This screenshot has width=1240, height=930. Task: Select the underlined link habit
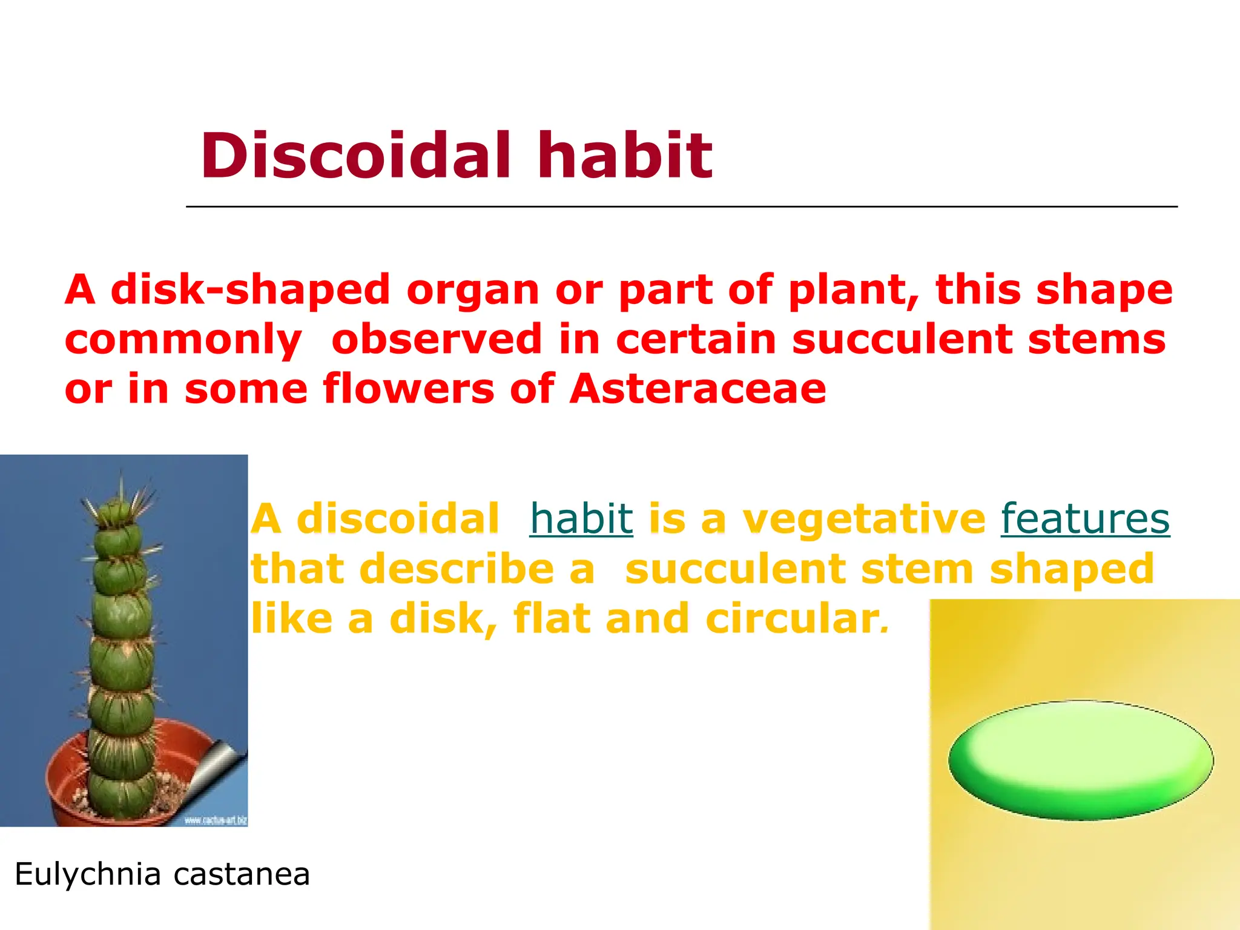pyautogui.click(x=581, y=519)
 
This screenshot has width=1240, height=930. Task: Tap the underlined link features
pyautogui.click(x=1085, y=519)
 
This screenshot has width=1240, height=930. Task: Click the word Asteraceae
pyautogui.click(x=698, y=389)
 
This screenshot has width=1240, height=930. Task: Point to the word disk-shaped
pyautogui.click(x=251, y=289)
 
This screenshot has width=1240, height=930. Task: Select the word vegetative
pyautogui.click(x=864, y=519)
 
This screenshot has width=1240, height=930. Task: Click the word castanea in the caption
pyautogui.click(x=242, y=874)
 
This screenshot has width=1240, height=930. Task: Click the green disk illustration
pyautogui.click(x=1081, y=760)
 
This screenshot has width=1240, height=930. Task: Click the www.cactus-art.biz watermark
pyautogui.click(x=215, y=820)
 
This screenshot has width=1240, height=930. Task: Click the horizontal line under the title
pyautogui.click(x=681, y=206)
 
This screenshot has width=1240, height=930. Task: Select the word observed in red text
pyautogui.click(x=437, y=339)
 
